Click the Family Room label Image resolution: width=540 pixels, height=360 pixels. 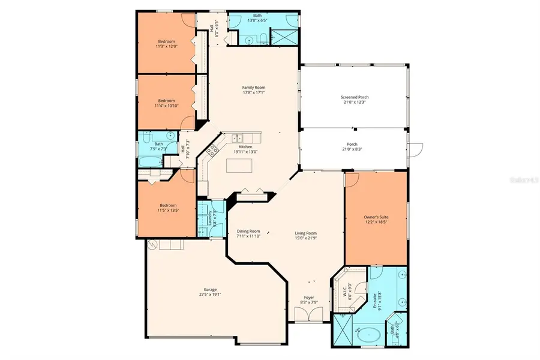pos(253,87)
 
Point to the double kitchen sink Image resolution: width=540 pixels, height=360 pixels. pos(239,137)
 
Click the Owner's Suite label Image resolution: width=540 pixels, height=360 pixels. pos(376,217)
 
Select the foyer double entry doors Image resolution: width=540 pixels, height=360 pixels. pos(310,314)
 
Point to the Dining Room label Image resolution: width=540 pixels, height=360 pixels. pos(248,231)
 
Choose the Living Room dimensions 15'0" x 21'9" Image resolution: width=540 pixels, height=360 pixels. pos(305,239)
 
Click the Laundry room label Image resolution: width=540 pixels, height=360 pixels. pos(210,220)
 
